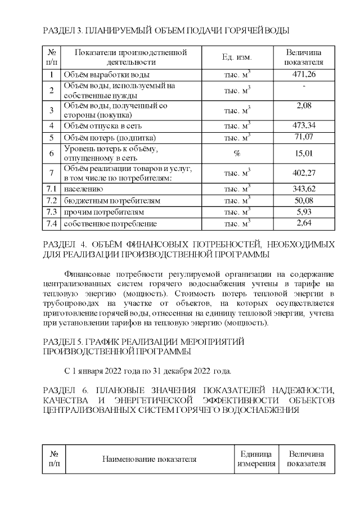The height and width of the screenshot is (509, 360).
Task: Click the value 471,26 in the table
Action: [x=304, y=74]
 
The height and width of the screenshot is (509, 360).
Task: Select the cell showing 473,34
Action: [x=304, y=125]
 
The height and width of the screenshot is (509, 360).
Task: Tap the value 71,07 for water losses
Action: [x=304, y=137]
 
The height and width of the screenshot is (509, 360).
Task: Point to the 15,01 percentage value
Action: [x=304, y=153]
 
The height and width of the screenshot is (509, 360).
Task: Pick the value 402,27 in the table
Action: [x=304, y=173]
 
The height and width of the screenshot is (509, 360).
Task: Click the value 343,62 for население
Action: [x=304, y=188]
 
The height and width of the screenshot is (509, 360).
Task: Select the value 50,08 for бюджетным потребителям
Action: [x=304, y=200]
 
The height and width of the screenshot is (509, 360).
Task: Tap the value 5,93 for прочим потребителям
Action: [x=304, y=212]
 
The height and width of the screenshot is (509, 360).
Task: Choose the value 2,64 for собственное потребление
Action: [x=304, y=224]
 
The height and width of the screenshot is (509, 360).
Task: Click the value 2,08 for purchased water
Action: [x=304, y=105]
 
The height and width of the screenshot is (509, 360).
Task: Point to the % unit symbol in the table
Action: [x=237, y=153]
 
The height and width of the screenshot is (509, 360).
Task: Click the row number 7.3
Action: [x=51, y=212]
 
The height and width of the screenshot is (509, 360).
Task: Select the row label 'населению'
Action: [x=83, y=188]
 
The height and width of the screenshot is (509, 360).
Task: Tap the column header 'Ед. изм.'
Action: [x=237, y=57]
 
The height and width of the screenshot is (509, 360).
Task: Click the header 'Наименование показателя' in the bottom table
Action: [x=149, y=459]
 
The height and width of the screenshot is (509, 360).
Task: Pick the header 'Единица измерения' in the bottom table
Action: [x=256, y=459]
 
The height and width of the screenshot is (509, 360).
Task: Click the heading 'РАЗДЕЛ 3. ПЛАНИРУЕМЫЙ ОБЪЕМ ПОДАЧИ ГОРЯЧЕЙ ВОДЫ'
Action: [x=166, y=29]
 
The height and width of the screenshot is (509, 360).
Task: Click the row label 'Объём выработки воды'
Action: [x=106, y=75]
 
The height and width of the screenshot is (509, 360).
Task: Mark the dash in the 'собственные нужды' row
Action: [x=304, y=86]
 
